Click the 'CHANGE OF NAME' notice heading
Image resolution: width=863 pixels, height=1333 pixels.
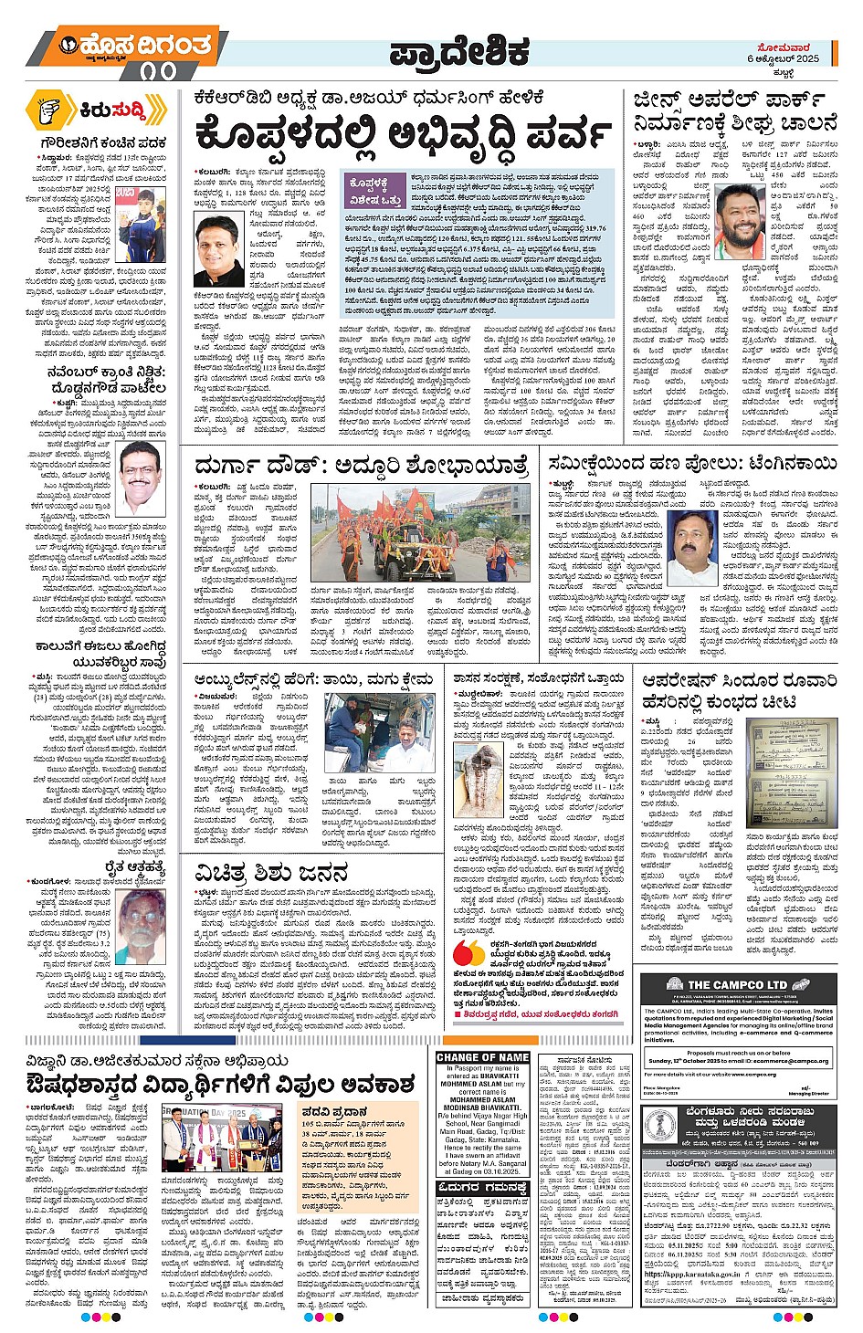coord(482,1057)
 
